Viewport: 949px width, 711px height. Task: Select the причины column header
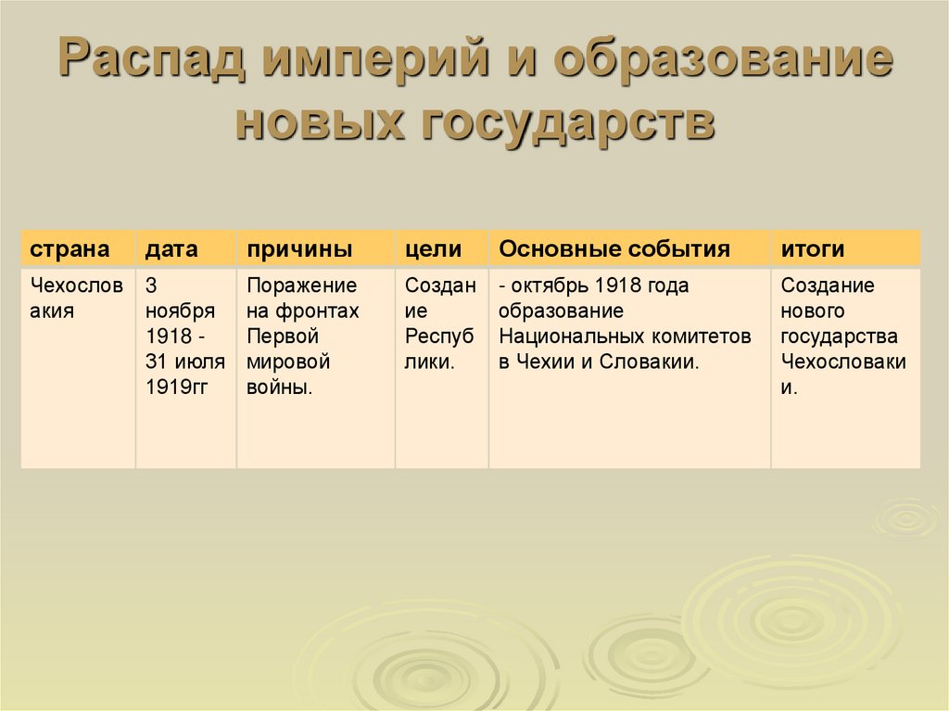298,249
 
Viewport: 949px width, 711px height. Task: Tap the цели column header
433,249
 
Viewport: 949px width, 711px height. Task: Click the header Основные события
614,249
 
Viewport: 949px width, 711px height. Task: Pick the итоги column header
812,249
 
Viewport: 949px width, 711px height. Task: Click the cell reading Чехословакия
77,298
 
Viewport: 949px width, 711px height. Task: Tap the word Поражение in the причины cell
301,286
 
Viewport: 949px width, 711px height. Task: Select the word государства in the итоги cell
839,336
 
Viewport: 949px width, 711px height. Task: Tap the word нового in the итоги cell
812,311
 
